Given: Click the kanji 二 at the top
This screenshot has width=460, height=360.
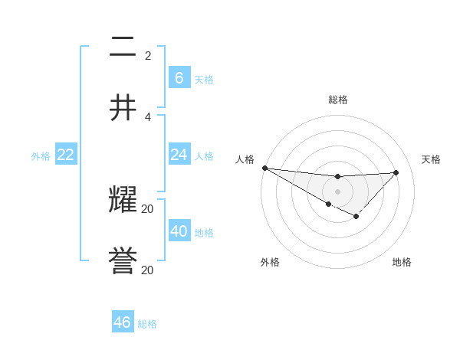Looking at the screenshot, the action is [123, 47].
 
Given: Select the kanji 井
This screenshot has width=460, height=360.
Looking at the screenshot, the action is [123, 108].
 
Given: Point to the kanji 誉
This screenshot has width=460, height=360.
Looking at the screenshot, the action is [123, 262].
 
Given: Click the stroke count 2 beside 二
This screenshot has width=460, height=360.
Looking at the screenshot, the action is [148, 56].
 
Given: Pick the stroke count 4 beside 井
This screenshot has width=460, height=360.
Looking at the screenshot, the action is [148, 116].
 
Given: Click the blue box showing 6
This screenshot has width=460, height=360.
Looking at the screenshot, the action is [179, 77].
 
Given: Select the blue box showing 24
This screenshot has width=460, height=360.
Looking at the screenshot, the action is [179, 155].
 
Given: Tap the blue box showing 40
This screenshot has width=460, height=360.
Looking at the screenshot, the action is [179, 231].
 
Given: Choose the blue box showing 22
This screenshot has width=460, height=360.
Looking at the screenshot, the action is [66, 155].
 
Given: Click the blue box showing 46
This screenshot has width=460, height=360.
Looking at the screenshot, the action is [123, 322].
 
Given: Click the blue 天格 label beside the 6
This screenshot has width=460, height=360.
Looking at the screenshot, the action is [204, 79].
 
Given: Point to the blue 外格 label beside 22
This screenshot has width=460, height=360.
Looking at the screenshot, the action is [41, 156].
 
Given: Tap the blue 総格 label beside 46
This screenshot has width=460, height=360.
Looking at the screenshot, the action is [147, 324].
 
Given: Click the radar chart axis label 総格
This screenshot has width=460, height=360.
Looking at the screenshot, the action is [338, 100].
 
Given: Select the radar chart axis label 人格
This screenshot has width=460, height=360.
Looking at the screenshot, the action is [245, 159].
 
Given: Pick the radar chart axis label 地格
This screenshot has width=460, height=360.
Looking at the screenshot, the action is [402, 262].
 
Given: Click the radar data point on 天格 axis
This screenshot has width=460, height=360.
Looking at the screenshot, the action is [396, 172].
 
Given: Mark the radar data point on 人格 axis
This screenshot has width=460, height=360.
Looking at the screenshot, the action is [264, 168].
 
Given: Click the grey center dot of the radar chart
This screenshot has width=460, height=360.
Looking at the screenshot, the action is [338, 191].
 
